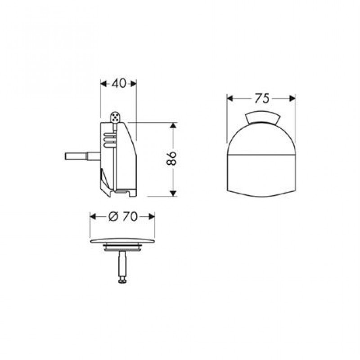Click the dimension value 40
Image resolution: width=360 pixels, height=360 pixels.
point(119,83)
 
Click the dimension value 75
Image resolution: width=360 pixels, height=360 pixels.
point(261,99)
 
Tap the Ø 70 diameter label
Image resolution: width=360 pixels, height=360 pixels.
point(123,216)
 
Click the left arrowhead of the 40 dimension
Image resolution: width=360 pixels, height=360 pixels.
point(104,84)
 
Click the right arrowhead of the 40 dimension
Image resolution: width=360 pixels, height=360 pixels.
point(134,84)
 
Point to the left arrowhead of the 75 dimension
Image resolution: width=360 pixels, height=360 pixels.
point(230,99)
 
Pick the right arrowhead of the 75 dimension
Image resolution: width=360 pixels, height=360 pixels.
point(292,99)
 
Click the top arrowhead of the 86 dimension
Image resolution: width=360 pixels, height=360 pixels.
point(174,126)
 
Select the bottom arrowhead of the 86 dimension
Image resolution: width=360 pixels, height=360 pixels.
point(174,193)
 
